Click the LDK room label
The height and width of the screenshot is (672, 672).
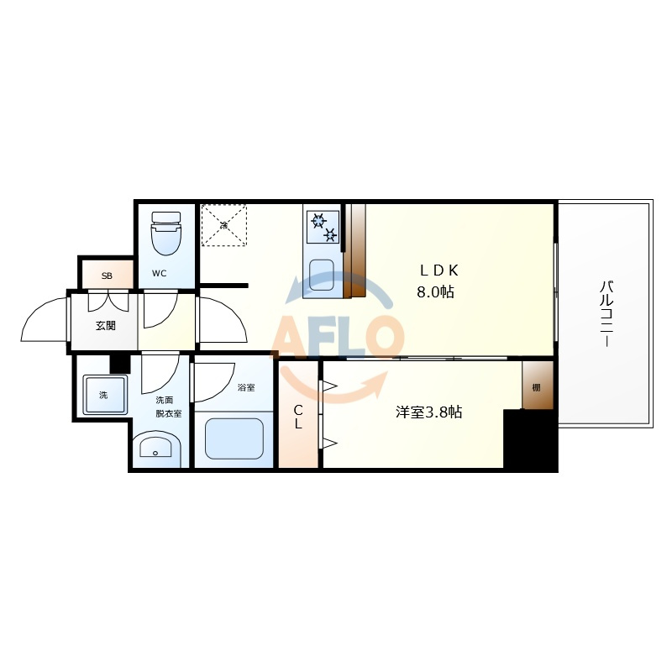(438, 270)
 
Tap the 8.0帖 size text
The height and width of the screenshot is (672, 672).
(435, 292)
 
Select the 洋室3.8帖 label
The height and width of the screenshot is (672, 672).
(428, 412)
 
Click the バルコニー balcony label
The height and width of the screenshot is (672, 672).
(606, 313)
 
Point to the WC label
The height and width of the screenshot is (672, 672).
(159, 273)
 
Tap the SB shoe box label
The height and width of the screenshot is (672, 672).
(107, 276)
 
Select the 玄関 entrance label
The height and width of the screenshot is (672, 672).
(106, 326)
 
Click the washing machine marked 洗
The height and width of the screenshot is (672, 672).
(106, 395)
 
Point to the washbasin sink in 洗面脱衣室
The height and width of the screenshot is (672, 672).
(156, 449)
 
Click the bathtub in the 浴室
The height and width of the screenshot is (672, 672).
(234, 438)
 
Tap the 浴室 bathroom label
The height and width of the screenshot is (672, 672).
(246, 387)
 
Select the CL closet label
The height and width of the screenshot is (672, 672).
(298, 417)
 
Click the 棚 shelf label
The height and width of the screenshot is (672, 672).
(536, 388)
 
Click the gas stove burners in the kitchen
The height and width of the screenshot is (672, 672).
(323, 228)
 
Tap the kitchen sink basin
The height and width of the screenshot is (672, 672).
(322, 275)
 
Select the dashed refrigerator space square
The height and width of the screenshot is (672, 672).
(224, 225)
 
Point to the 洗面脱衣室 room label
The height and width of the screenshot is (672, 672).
(169, 407)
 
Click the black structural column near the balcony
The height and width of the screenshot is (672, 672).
(530, 440)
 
